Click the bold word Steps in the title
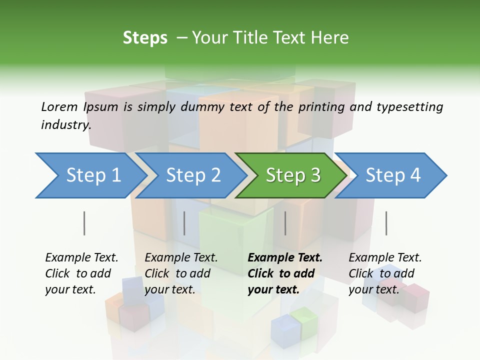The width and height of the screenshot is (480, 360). [145, 37]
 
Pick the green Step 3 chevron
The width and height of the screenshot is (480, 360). [291, 175]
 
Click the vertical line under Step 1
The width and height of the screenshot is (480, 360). [84, 223]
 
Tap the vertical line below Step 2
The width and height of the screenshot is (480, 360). [184, 223]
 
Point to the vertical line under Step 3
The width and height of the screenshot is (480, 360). [285, 223]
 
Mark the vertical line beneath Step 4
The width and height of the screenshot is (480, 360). [386, 223]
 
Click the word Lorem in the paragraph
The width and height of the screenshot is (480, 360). [58, 106]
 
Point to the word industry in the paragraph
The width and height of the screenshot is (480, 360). [65, 124]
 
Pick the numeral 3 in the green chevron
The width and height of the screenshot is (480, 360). [315, 175]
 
